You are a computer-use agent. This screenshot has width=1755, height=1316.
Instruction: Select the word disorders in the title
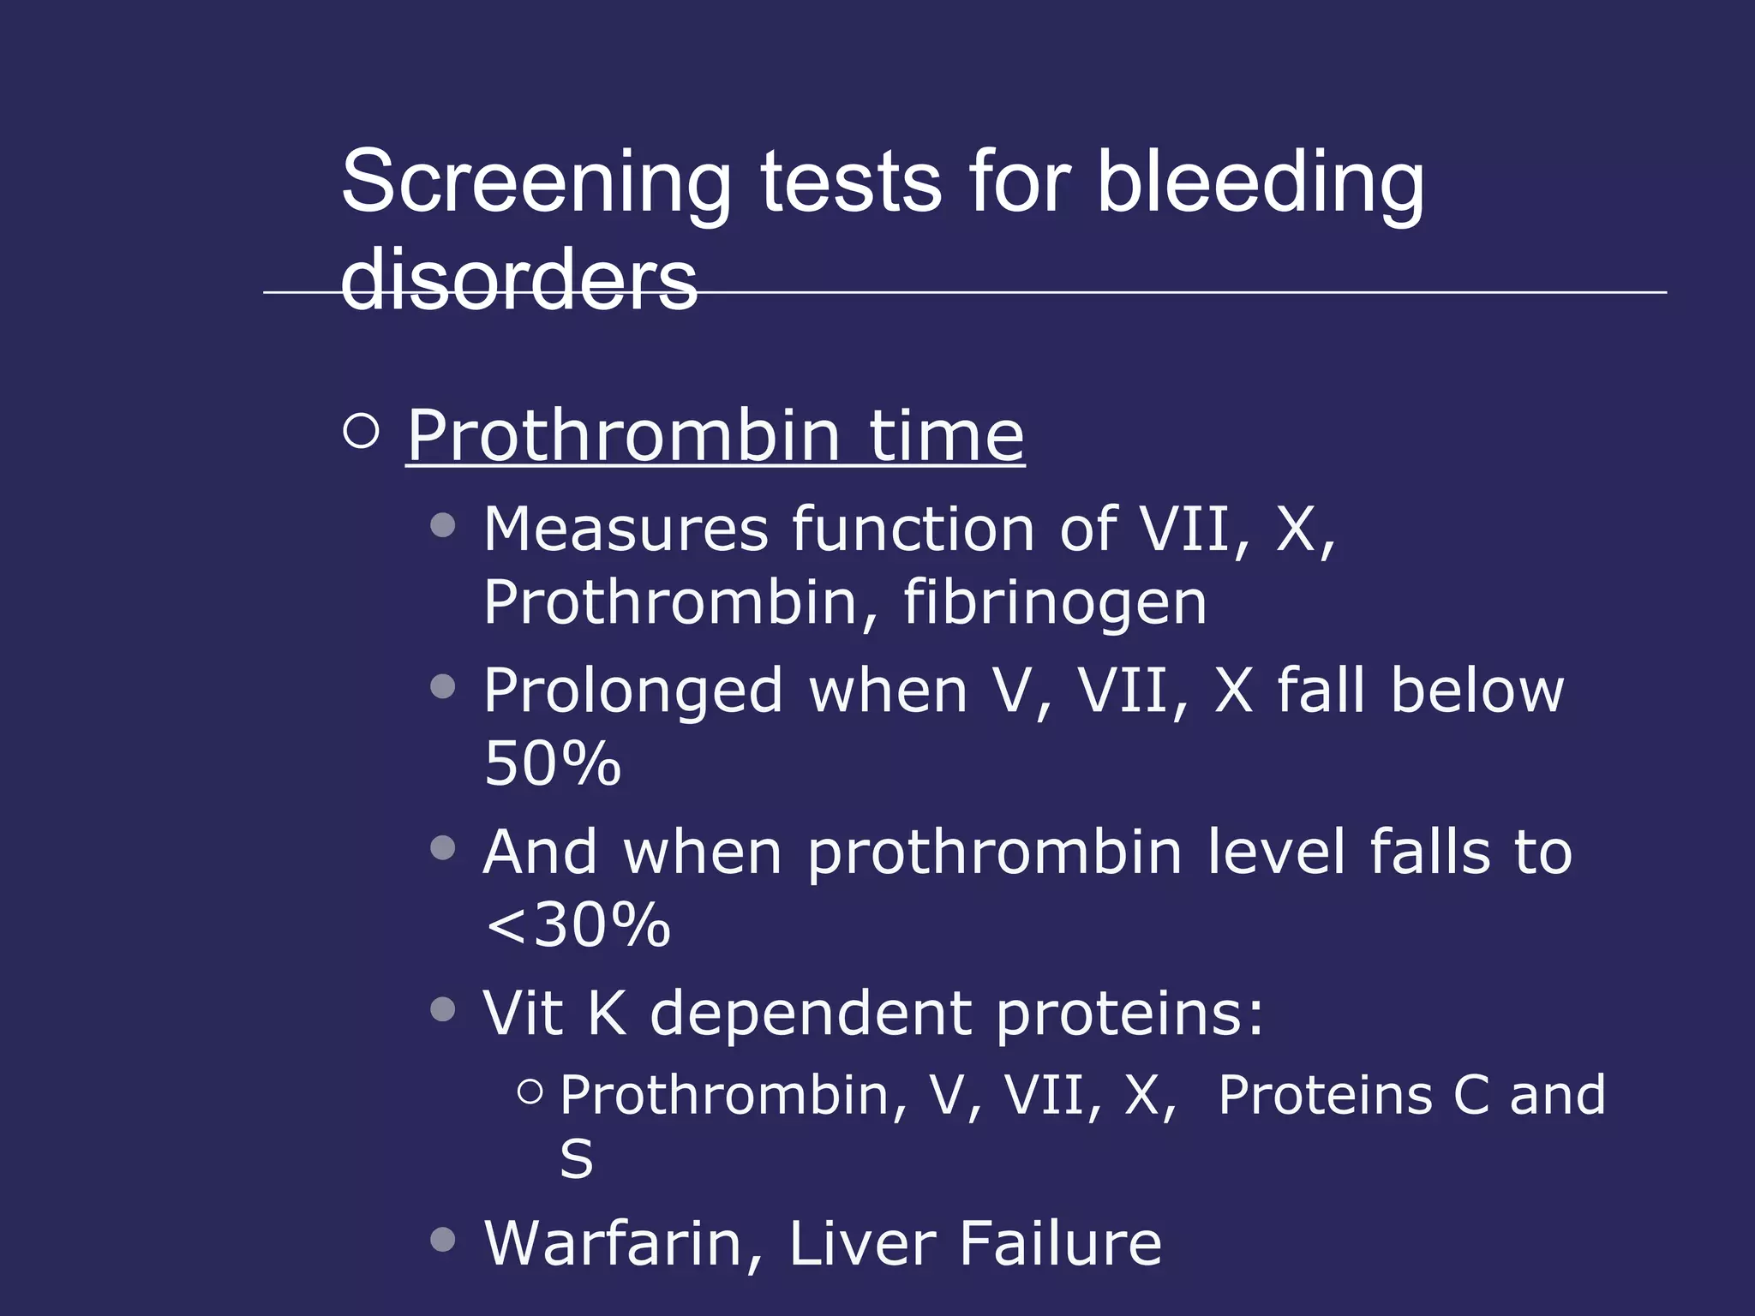pos(519,279)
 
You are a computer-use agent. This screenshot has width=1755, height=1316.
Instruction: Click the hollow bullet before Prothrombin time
pos(361,430)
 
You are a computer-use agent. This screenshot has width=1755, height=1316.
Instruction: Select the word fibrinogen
pos(1055,603)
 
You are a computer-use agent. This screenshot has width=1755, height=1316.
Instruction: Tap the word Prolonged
pos(633,691)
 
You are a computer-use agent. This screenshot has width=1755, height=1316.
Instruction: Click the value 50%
pos(552,763)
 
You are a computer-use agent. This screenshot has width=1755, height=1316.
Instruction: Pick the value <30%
pos(577,925)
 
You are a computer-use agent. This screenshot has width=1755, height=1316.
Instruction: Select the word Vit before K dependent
pos(523,1014)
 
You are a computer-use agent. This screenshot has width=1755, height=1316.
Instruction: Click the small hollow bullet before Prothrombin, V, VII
pos(530,1091)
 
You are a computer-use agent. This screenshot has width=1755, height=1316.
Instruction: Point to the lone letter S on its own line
pos(576,1159)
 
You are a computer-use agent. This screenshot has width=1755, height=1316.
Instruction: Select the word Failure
pos(1060,1243)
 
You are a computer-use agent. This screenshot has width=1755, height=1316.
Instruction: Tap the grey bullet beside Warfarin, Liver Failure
pos(442,1239)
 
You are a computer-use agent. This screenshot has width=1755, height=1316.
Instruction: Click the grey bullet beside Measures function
pos(442,524)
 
